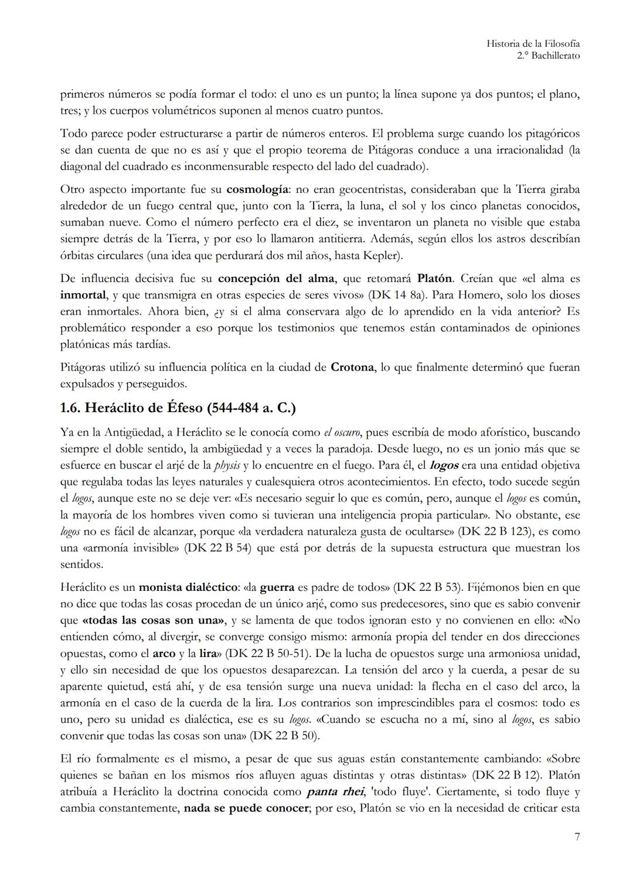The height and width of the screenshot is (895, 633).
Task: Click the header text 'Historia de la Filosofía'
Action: pyautogui.click(x=533, y=43)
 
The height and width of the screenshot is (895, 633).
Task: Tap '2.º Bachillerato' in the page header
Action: pyautogui.click(x=548, y=56)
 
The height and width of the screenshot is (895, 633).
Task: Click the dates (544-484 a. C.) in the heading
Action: pyautogui.click(x=241, y=408)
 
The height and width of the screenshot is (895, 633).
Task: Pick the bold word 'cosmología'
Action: pyautogui.click(x=257, y=189)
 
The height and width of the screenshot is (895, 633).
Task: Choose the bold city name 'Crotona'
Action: pyautogui.click(x=352, y=367)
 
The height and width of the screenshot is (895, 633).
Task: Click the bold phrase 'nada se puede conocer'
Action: pyautogui.click(x=246, y=808)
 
